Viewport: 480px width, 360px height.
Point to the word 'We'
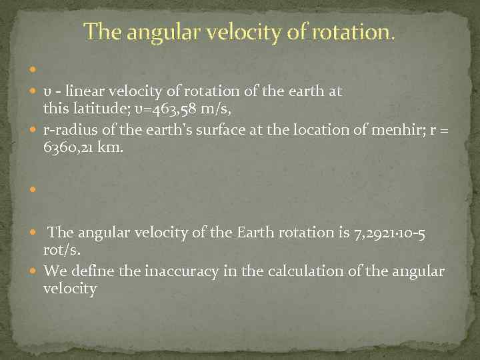pyautogui.click(x=54, y=271)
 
